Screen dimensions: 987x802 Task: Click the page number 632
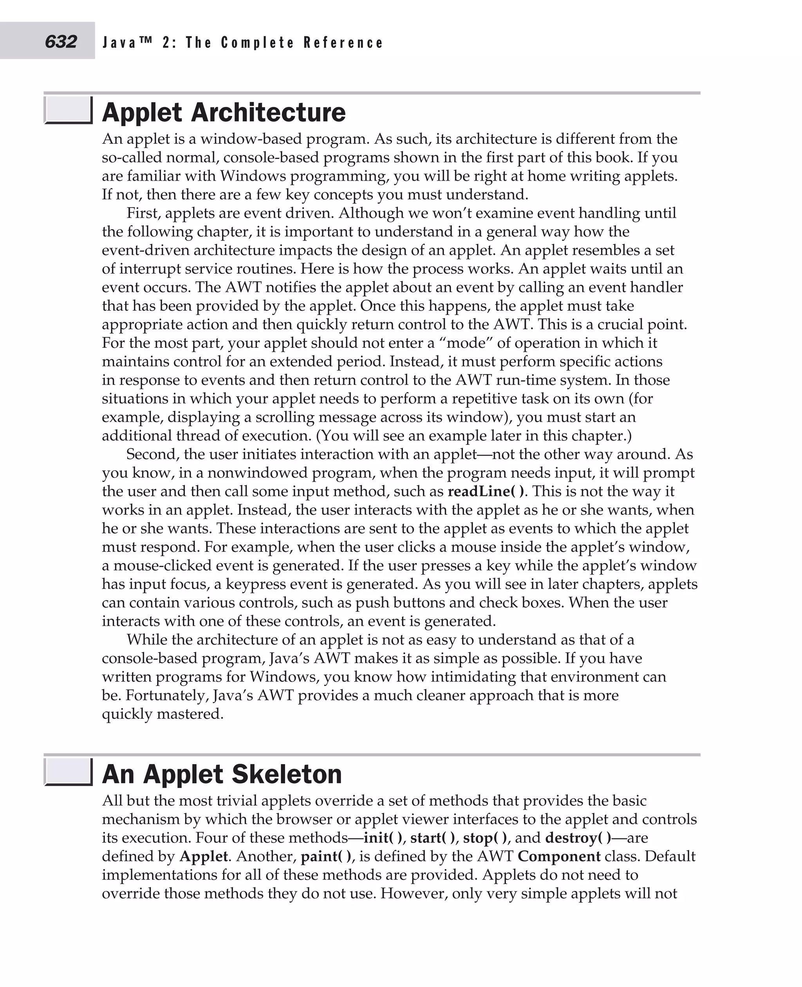(61, 42)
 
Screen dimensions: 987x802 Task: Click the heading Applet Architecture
(224, 112)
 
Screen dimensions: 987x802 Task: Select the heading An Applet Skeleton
(222, 774)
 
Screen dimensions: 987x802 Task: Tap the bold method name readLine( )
(486, 491)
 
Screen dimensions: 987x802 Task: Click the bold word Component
(559, 856)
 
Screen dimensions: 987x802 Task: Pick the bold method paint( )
(326, 856)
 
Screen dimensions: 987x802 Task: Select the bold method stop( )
(485, 838)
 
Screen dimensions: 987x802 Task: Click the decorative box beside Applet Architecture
(69, 110)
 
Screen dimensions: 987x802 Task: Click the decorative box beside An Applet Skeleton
(69, 772)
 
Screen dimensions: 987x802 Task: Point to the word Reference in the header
(343, 43)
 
